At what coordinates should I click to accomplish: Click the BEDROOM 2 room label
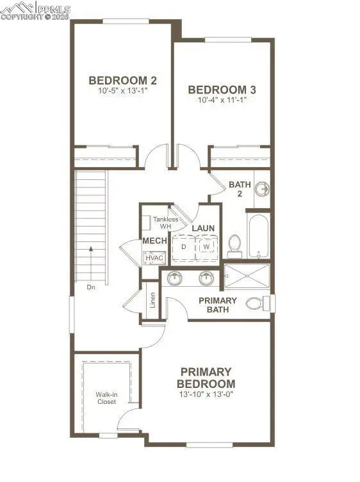(122, 81)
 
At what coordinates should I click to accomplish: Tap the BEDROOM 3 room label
(218, 90)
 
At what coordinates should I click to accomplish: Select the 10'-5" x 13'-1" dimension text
(122, 91)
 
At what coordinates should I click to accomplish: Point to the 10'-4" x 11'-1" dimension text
(218, 100)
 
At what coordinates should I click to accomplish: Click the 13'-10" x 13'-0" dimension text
(206, 395)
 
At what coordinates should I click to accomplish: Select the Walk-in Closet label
(106, 398)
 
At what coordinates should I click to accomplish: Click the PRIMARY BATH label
(218, 305)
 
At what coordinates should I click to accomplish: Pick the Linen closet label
(152, 301)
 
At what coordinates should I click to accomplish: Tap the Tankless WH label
(165, 223)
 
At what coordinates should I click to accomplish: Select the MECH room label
(154, 241)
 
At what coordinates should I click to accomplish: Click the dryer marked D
(184, 246)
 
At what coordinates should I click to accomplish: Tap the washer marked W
(206, 246)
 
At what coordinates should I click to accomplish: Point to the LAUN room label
(203, 228)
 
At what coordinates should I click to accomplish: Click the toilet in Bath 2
(234, 244)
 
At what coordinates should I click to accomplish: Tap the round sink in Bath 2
(263, 189)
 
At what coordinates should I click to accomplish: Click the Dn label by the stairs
(92, 287)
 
